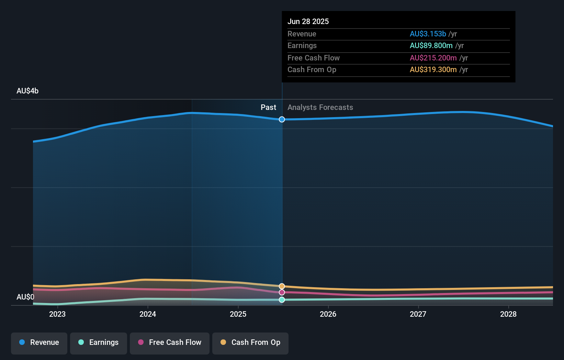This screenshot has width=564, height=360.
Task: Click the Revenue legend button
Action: pos(39,342)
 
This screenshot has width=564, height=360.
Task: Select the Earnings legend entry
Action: pos(99,342)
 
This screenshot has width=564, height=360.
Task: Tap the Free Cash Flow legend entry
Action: pos(170,342)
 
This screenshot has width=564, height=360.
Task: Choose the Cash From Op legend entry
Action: pos(250,342)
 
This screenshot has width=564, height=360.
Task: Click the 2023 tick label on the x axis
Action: pos(57,314)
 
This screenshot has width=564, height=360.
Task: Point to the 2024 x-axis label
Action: pos(148,314)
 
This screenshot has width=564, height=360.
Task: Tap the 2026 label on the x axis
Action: pos(328,314)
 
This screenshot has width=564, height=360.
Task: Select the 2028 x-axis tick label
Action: pos(508,314)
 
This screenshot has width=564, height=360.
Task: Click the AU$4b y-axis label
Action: pos(27,91)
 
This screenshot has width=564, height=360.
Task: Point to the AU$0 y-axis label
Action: pos(25,297)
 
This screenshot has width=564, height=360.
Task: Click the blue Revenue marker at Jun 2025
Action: pos(282,120)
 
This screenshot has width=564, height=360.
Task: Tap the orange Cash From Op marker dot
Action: pos(282,286)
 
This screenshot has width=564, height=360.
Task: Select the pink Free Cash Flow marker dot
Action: pos(282,292)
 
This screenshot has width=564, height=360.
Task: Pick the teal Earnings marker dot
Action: pos(282,300)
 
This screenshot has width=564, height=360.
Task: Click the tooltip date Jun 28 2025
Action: pos(308,21)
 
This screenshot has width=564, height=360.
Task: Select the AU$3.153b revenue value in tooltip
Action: pos(428,34)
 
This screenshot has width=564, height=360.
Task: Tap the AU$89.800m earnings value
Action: pos(431,46)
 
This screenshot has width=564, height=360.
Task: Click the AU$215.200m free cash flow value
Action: pos(433,58)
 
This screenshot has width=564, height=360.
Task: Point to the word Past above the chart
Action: pos(268,108)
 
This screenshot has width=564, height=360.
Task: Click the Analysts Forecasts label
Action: pos(320,108)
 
